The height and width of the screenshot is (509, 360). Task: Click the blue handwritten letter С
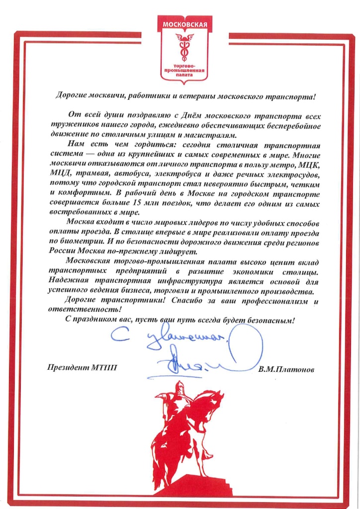(x=118, y=339)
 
